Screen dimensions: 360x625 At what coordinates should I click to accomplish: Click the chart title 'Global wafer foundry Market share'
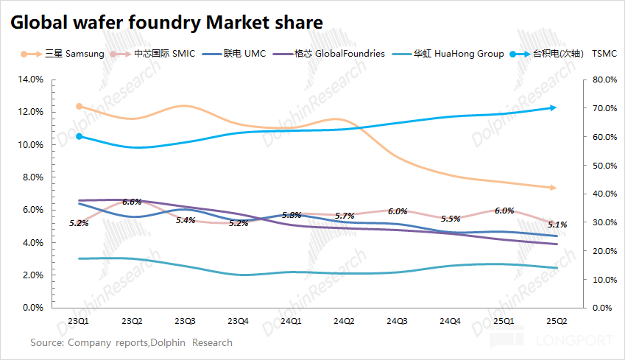coord(166,23)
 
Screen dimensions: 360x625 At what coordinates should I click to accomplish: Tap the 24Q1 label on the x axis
coord(291,322)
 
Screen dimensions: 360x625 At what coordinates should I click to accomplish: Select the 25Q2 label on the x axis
coord(555,322)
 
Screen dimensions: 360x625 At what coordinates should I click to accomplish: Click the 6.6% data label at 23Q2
coord(133,202)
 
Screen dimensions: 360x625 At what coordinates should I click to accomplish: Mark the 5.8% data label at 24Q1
coord(292,215)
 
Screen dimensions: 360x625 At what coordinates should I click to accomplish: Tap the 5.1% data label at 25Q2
coord(557,225)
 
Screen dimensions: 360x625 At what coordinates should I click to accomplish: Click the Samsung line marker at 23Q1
coord(80,106)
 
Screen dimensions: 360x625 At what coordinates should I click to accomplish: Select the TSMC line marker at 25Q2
coord(554,107)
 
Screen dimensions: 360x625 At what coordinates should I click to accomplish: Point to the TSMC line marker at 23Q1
coord(80,136)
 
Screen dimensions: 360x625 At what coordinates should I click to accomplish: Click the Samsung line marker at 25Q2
coord(554,188)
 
